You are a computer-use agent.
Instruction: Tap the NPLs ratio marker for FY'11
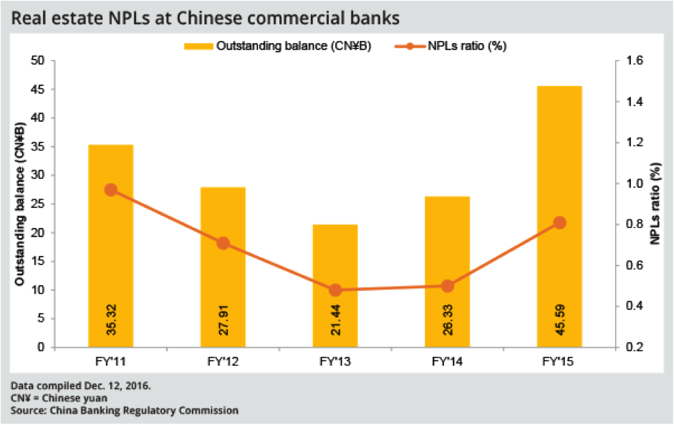110,190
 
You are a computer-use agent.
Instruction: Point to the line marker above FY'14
448,286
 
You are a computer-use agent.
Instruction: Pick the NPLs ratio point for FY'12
223,243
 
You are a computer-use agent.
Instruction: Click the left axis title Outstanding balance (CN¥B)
21,204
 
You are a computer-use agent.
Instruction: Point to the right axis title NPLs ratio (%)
655,204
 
